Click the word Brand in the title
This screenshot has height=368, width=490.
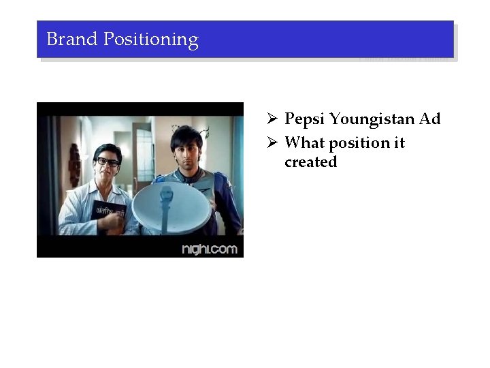72,40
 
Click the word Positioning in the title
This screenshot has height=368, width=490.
150,40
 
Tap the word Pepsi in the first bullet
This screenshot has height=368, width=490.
304,120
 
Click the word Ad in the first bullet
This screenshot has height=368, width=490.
430,119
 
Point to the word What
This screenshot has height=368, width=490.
305,143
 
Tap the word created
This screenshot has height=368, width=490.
310,162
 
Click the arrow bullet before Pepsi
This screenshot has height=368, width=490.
271,120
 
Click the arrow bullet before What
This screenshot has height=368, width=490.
271,143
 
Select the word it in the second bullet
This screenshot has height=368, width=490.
399,143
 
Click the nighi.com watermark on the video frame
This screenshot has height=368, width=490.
210,249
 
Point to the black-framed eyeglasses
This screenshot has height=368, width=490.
107,162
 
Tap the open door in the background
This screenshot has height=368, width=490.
144,150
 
